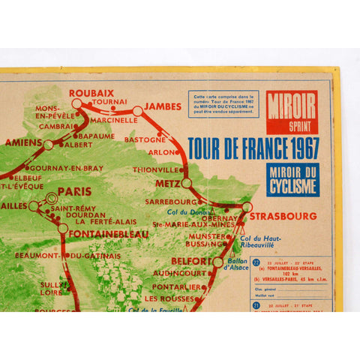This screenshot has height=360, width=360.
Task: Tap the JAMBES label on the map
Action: [x=163, y=105]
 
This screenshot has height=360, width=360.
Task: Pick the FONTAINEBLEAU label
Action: [x=106, y=233]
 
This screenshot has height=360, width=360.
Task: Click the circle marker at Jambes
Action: [x=137, y=110]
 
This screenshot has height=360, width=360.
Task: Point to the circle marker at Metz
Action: [x=186, y=182]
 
